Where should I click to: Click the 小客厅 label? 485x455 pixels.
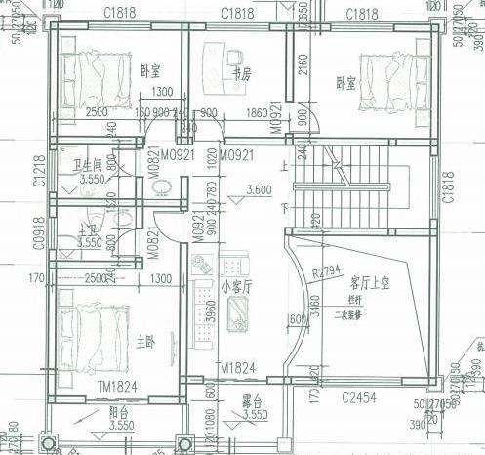pos(236,287)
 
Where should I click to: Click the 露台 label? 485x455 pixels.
pos(252,401)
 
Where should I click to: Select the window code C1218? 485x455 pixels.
pos(39,171)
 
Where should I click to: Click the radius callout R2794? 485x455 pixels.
pos(327,270)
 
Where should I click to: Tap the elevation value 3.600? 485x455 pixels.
pos(260,189)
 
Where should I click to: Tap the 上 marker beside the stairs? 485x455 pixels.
pos(284,165)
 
